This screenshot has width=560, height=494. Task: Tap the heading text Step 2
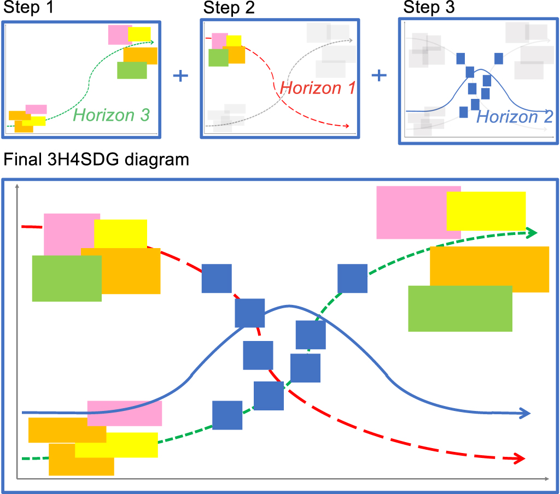pyautogui.click(x=229, y=8)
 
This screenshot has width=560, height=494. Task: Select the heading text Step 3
pyautogui.click(x=429, y=8)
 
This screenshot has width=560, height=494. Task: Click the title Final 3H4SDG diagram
pyautogui.click(x=96, y=161)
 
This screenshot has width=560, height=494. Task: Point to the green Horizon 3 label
pyautogui.click(x=111, y=115)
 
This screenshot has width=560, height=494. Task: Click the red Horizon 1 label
pyautogui.click(x=318, y=87)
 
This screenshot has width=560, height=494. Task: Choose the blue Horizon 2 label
pyautogui.click(x=515, y=116)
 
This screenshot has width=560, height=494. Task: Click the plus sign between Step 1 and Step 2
pyautogui.click(x=180, y=75)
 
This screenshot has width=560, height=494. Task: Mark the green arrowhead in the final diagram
pyautogui.click(x=532, y=233)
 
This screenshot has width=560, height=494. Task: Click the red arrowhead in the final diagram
pyautogui.click(x=520, y=458)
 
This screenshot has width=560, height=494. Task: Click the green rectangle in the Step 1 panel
pyautogui.click(x=132, y=70)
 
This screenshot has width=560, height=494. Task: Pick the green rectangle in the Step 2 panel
pyautogui.click(x=218, y=57)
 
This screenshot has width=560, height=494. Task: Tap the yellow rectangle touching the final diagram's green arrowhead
pyautogui.click(x=486, y=211)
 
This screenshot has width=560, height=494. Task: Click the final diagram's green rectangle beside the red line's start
pyautogui.click(x=67, y=279)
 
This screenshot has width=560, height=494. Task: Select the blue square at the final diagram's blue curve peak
pyautogui.click(x=250, y=313)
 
